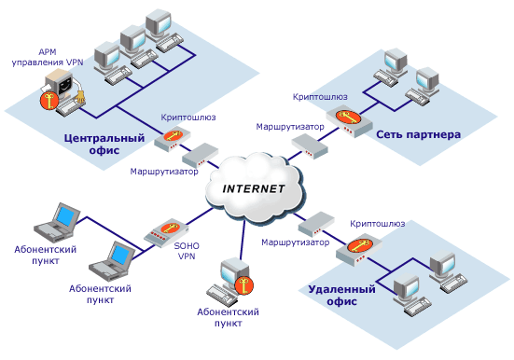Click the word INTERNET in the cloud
click(x=254, y=188)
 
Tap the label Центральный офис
click(x=104, y=144)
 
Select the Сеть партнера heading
click(x=418, y=134)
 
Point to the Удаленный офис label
click(x=341, y=295)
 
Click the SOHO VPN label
click(x=187, y=251)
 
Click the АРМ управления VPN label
click(x=48, y=57)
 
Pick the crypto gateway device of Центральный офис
click(x=172, y=138)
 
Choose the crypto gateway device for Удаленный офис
click(x=359, y=249)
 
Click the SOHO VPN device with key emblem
click(x=166, y=232)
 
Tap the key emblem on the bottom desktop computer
click(x=243, y=285)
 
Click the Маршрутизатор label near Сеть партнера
click(x=290, y=127)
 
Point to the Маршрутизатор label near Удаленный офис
click(x=296, y=242)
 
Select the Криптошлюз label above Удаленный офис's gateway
click(x=377, y=224)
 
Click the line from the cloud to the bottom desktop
click(x=243, y=240)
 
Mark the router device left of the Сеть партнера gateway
click(x=310, y=146)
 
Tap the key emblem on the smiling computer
click(x=49, y=101)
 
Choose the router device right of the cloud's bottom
click(x=316, y=225)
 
